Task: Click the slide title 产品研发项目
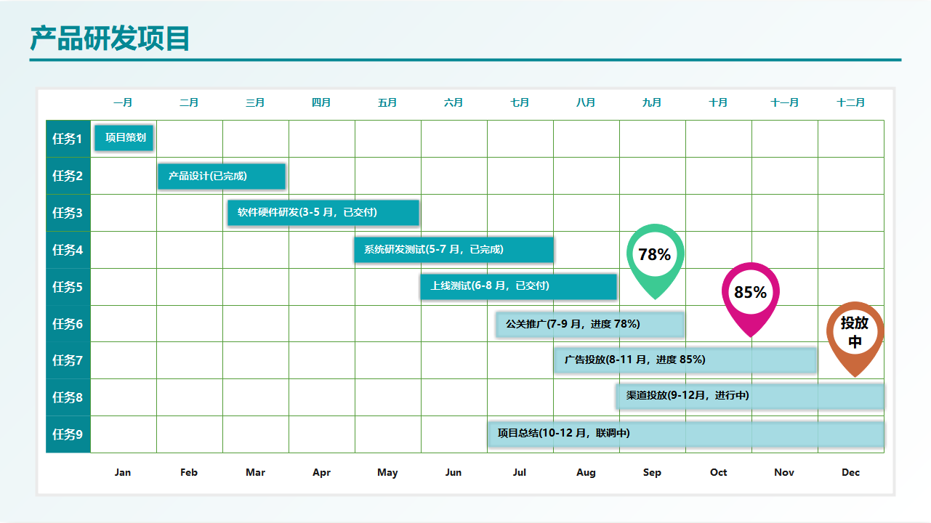(110, 38)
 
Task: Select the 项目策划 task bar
(124, 137)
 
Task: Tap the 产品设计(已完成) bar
(222, 176)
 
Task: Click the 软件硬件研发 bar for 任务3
(323, 213)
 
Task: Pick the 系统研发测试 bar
(454, 249)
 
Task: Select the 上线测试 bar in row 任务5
(518, 286)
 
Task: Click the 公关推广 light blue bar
(590, 324)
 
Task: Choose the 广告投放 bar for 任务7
(685, 360)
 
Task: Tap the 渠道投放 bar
(750, 396)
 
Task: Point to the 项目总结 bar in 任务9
(686, 434)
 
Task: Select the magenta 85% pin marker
(750, 293)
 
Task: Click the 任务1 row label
(68, 139)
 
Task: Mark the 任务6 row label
(68, 324)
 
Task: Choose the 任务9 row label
(68, 434)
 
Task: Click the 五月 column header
(387, 103)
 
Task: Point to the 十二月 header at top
(851, 103)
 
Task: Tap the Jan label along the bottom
(123, 473)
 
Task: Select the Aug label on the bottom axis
(586, 473)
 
